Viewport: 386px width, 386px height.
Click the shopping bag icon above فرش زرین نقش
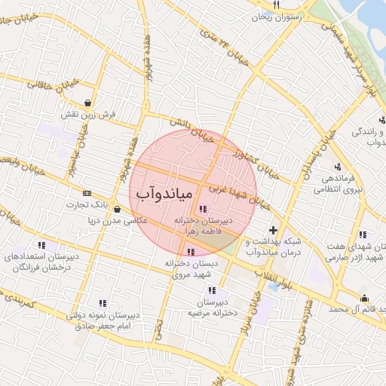[89, 103]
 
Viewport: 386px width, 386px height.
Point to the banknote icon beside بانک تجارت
[85, 193]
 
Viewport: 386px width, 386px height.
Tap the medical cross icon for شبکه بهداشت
[273, 229]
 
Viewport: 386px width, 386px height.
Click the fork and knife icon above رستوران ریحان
[277, 5]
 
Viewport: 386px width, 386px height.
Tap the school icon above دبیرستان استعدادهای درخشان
[41, 245]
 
